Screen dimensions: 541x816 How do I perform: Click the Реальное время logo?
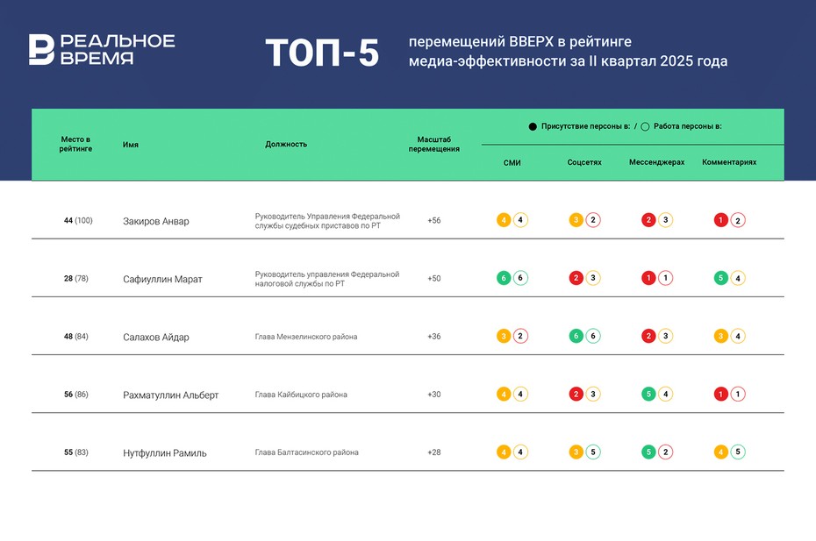pyautogui.click(x=101, y=50)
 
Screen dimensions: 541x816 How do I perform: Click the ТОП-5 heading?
pyautogui.click(x=322, y=53)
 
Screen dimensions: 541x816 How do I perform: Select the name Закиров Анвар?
pyautogui.click(x=156, y=221)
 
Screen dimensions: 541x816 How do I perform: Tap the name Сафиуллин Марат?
pyautogui.click(x=162, y=279)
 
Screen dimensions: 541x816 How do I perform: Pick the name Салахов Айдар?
pyautogui.click(x=156, y=337)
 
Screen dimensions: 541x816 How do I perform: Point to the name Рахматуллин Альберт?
pyautogui.click(x=171, y=395)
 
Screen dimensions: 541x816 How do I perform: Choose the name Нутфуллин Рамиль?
pyautogui.click(x=165, y=452)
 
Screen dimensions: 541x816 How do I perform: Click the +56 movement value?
pyautogui.click(x=434, y=220)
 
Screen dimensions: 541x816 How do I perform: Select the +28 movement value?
pyautogui.click(x=434, y=452)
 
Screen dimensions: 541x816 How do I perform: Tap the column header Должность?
pyautogui.click(x=286, y=144)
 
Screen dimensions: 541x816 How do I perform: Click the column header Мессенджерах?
pyautogui.click(x=657, y=162)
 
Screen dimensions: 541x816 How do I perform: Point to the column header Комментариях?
pyautogui.click(x=729, y=162)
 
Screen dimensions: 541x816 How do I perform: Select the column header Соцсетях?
pyautogui.click(x=584, y=162)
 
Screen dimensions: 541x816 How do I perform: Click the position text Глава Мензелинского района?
pyautogui.click(x=306, y=337)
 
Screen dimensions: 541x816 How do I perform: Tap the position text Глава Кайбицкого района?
pyautogui.click(x=301, y=395)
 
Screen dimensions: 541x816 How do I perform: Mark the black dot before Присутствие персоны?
pyautogui.click(x=533, y=127)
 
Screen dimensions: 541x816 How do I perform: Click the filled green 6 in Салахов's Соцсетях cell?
pyautogui.click(x=576, y=336)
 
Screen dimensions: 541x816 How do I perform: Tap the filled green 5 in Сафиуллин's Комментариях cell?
pyautogui.click(x=720, y=278)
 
